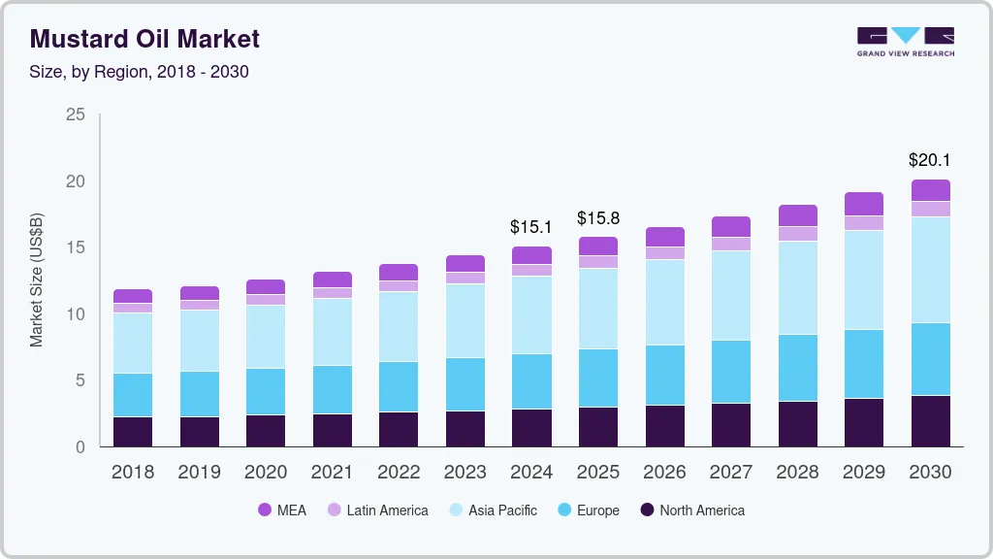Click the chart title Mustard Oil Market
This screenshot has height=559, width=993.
click(145, 40)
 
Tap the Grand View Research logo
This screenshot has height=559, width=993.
click(906, 42)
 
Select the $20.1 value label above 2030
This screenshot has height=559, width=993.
click(930, 160)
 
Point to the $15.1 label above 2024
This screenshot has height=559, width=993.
click(531, 227)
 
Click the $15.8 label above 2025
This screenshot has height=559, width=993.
click(597, 218)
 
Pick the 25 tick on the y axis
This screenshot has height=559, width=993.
click(75, 115)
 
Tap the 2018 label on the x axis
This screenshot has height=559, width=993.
click(133, 473)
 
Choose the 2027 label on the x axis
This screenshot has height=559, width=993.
click(730, 473)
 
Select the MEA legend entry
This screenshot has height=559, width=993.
click(281, 510)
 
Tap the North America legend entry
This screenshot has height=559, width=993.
click(690, 510)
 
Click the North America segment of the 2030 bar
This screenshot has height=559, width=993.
click(930, 420)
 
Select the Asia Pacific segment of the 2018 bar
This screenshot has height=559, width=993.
click(133, 343)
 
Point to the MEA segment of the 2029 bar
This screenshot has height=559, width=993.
click(863, 204)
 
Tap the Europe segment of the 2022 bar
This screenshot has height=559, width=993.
click(399, 386)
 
